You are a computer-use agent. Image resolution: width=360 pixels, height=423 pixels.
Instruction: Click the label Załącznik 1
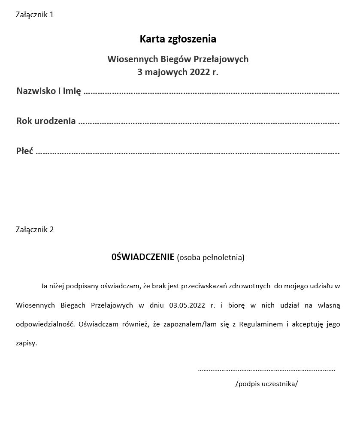(x=35, y=15)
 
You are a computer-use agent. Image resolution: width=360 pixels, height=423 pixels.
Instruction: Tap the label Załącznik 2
(x=35, y=230)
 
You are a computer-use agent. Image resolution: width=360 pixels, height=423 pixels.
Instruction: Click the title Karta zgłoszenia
(x=178, y=39)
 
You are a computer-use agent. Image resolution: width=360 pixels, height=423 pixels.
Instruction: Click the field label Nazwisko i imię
(x=48, y=91)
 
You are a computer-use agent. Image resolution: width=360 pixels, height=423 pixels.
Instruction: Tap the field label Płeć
(x=24, y=151)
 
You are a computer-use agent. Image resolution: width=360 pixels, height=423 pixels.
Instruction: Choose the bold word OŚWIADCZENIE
(x=142, y=257)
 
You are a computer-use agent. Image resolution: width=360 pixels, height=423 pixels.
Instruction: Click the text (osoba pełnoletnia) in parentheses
(x=211, y=258)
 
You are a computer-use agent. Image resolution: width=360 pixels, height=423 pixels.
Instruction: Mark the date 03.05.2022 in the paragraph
(x=188, y=305)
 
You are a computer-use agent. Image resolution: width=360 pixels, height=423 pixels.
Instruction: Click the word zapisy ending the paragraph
(x=26, y=343)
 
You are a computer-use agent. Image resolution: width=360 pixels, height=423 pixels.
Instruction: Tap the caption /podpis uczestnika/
(x=266, y=384)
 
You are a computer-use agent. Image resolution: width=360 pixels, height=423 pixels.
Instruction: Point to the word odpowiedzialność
(x=45, y=324)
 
